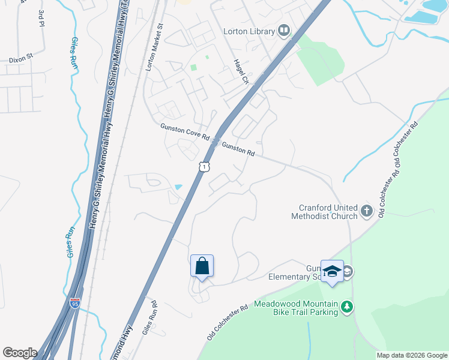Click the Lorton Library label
coord(249,31)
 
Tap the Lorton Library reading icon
coord(284,31)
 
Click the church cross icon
coord(366,212)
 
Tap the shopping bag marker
coord(202,265)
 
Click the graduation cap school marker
coord(332,271)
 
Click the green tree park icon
coord(346,307)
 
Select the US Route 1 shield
coord(205,167)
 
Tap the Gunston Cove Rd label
coord(184,132)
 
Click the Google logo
coord(20,353)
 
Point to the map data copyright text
coord(412,355)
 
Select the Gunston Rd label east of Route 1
coord(238,149)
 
